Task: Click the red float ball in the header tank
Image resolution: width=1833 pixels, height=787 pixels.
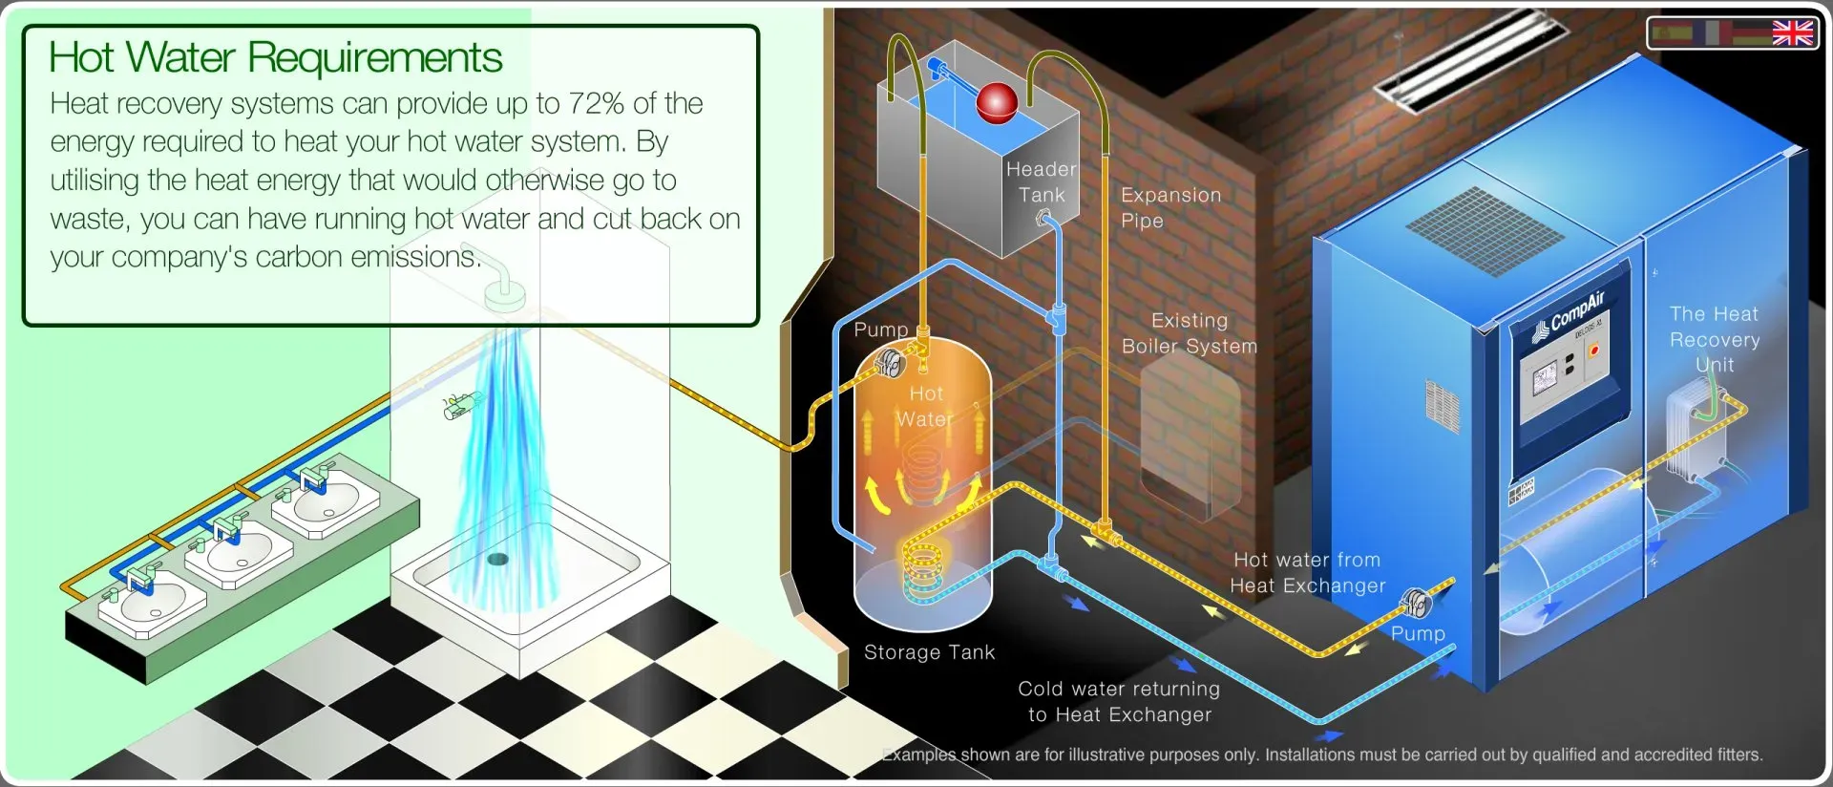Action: point(998,102)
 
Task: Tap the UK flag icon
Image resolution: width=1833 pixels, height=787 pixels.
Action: point(1792,32)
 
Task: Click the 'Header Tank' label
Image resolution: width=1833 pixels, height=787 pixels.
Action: point(1041,181)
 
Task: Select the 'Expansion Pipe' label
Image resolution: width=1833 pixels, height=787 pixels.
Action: point(1170,207)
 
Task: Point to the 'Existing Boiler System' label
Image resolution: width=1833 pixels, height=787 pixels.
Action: point(1190,333)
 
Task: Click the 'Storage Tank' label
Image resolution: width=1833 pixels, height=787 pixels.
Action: point(929,652)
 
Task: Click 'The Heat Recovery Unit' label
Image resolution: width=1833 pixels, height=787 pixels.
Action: point(1715,339)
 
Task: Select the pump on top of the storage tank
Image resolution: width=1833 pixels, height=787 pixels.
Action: point(890,363)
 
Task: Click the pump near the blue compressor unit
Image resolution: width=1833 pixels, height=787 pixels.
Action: point(1416,604)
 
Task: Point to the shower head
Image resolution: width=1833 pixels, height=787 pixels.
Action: point(505,293)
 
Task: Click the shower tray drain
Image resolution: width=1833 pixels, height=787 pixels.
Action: point(497,559)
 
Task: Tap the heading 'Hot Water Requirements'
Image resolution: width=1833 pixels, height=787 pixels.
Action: point(275,57)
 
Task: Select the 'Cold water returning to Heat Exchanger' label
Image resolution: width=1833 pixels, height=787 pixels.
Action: point(1119,701)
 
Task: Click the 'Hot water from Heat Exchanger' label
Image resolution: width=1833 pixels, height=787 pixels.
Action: point(1307,572)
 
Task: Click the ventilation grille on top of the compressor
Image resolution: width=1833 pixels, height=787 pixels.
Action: point(1484,231)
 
